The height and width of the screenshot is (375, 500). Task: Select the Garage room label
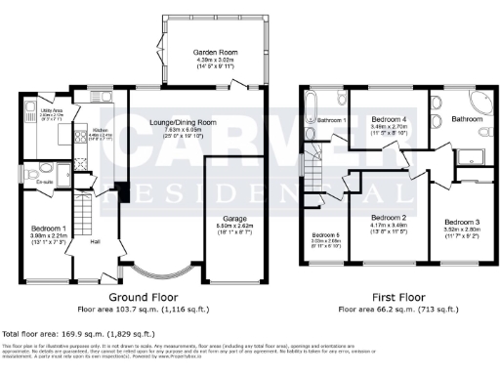click(232, 191)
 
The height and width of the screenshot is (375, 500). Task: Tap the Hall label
click(97, 240)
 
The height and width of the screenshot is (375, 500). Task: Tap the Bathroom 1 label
click(332, 120)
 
